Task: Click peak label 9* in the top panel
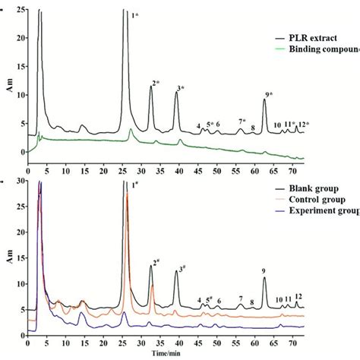pyautogui.click(x=268, y=95)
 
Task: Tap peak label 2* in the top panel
pyautogui.click(x=156, y=83)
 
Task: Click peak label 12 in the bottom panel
pyautogui.click(x=298, y=296)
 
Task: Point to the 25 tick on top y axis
pyautogui.click(x=18, y=10)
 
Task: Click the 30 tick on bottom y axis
pyautogui.click(x=18, y=182)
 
